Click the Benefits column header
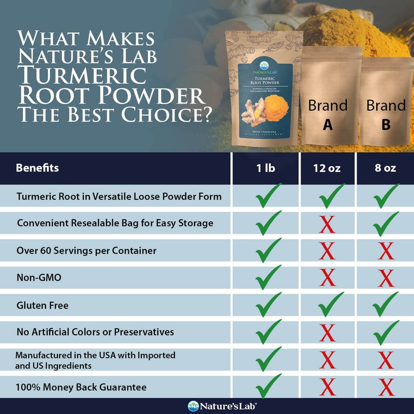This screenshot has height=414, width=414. pyautogui.click(x=37, y=168)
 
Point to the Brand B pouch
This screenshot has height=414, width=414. pyautogui.click(x=386, y=101)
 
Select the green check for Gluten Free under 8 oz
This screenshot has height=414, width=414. pyautogui.click(x=385, y=305)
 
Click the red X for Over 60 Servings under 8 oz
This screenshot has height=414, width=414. pyautogui.click(x=385, y=252)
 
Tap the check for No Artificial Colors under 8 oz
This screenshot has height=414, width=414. pyautogui.click(x=385, y=332)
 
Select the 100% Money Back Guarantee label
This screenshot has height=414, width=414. pyautogui.click(x=81, y=387)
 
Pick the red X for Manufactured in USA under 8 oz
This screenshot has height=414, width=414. pyautogui.click(x=385, y=359)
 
